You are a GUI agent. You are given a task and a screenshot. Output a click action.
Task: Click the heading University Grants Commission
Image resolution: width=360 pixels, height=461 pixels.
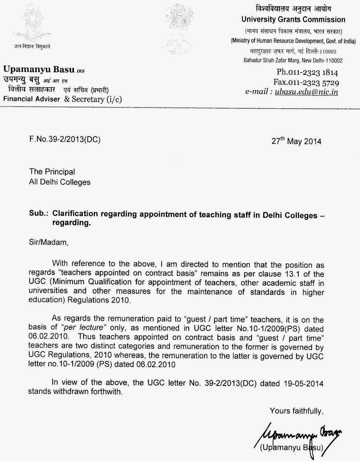293,20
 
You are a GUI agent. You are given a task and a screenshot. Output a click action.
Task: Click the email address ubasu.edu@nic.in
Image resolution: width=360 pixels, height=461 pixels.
306,92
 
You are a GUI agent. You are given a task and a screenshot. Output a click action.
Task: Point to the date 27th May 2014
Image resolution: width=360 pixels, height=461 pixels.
296,141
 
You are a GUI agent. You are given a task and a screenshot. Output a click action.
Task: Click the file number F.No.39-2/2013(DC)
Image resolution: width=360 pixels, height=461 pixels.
65,140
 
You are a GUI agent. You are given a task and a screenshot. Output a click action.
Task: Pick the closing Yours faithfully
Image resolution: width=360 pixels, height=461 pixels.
296,411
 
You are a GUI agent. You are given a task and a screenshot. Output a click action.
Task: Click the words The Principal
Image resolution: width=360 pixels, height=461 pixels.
52,172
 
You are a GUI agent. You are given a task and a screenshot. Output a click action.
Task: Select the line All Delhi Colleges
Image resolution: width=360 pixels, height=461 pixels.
60,182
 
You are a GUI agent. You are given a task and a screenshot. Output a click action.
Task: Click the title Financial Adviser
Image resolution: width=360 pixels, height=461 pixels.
32,99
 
